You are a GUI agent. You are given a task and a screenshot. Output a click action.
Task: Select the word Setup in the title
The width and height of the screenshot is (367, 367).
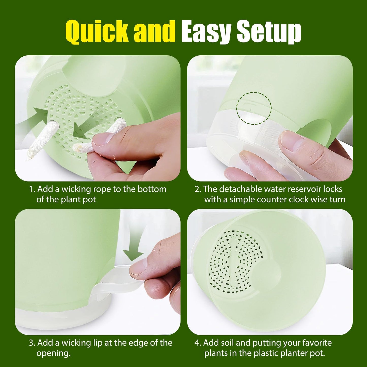(x=269, y=32)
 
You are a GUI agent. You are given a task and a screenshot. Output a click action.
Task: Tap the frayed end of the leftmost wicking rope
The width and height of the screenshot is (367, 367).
(x=30, y=155)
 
